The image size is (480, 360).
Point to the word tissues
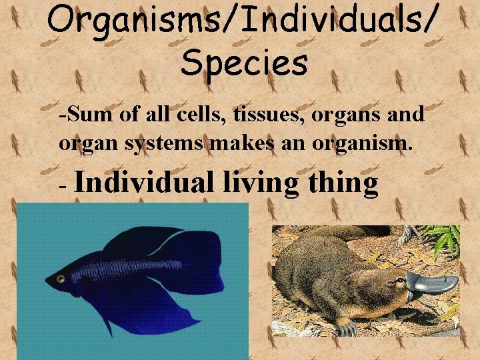(270, 114)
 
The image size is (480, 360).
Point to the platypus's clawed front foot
(347, 329)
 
